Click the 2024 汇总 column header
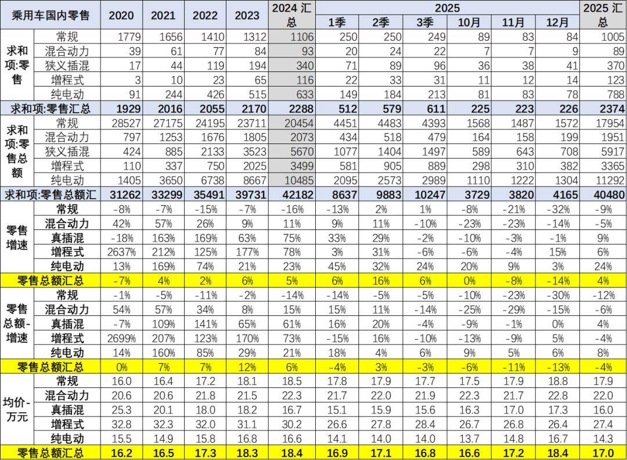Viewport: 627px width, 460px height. pos(293,15)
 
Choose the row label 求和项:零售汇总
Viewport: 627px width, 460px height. pos(51,109)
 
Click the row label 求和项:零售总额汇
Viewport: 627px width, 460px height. pos(51,195)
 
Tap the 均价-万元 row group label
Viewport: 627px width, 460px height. pos(17,409)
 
